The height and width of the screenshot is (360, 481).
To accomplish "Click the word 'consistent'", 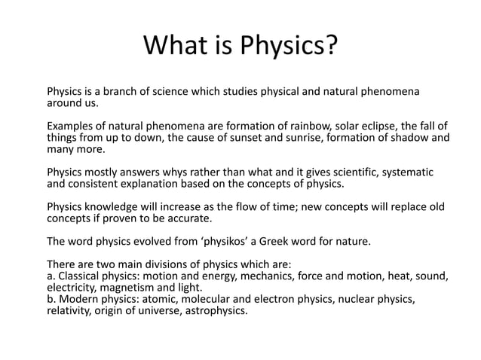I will pos(96,184).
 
